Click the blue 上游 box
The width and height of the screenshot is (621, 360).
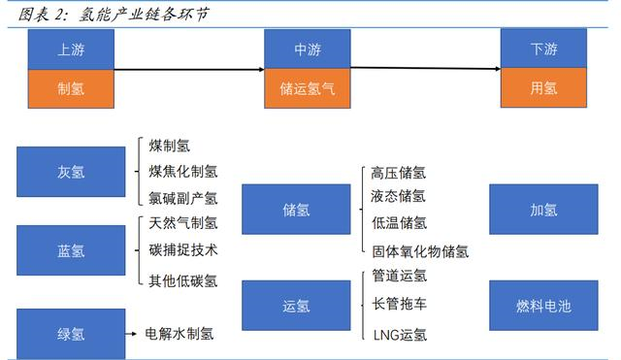71,49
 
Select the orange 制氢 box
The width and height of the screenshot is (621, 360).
71,88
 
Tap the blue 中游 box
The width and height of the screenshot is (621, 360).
308,49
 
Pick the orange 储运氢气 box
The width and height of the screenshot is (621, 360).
308,88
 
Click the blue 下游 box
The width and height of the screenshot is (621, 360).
543,49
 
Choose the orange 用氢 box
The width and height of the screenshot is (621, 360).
543,88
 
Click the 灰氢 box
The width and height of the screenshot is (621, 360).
71,172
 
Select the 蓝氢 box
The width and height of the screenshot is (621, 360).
71,250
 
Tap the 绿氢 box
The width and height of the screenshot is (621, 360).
71,333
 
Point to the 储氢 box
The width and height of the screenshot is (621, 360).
296,210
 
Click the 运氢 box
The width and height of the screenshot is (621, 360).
296,306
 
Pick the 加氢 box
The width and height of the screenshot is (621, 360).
543,210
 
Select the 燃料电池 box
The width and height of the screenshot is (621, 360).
543,306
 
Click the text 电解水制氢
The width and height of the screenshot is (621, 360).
180,333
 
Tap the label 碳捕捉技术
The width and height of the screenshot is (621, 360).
183,250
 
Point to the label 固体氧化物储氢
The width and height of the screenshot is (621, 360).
420,251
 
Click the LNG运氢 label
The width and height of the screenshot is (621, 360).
400,335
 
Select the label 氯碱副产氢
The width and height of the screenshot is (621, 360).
183,198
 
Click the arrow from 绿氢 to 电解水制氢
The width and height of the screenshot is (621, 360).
132,333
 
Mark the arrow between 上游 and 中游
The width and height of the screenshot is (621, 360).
189,69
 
